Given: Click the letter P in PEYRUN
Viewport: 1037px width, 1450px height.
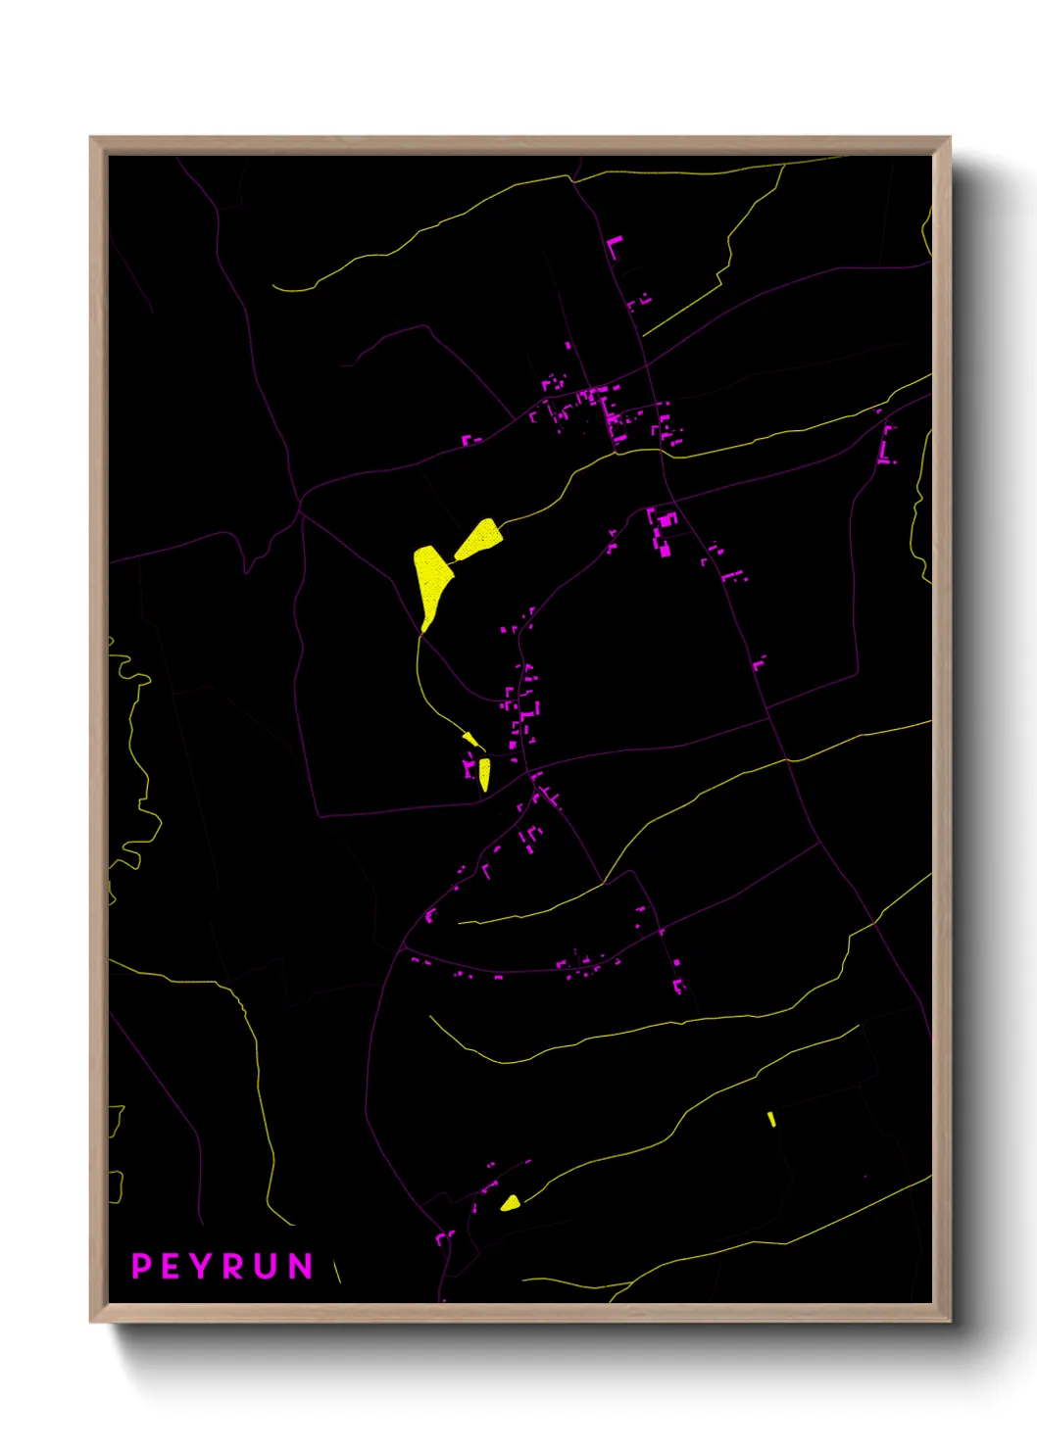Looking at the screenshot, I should [x=141, y=1266].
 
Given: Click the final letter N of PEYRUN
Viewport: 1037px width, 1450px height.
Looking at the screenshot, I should [x=300, y=1266].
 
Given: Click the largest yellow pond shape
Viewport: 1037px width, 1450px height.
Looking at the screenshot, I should [x=430, y=578].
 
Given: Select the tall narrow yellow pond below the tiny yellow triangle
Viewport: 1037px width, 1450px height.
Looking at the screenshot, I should [x=484, y=773].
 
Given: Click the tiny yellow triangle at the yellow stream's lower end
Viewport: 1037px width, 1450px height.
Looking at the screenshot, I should [x=471, y=738].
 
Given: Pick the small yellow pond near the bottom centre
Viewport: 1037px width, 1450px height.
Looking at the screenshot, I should [x=510, y=1203].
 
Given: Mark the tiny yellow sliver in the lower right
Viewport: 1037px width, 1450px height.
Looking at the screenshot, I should [x=772, y=1119].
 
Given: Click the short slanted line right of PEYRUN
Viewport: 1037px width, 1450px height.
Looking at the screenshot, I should [x=337, y=1271].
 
